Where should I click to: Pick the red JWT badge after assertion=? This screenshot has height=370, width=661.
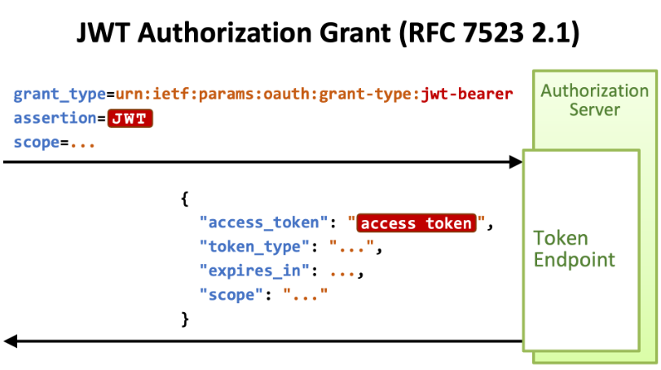click(130, 118)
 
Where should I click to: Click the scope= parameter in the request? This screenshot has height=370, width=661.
click(37, 143)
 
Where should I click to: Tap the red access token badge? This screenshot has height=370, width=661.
click(416, 222)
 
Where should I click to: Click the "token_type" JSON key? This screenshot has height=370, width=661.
click(258, 246)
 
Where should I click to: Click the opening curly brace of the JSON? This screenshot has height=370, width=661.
click(184, 198)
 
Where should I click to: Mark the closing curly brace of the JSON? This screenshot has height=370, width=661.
click(184, 318)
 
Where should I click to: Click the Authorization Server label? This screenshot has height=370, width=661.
click(594, 99)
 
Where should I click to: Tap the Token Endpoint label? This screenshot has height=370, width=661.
click(574, 249)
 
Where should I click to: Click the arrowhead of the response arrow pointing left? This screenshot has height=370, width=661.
click(11, 341)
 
